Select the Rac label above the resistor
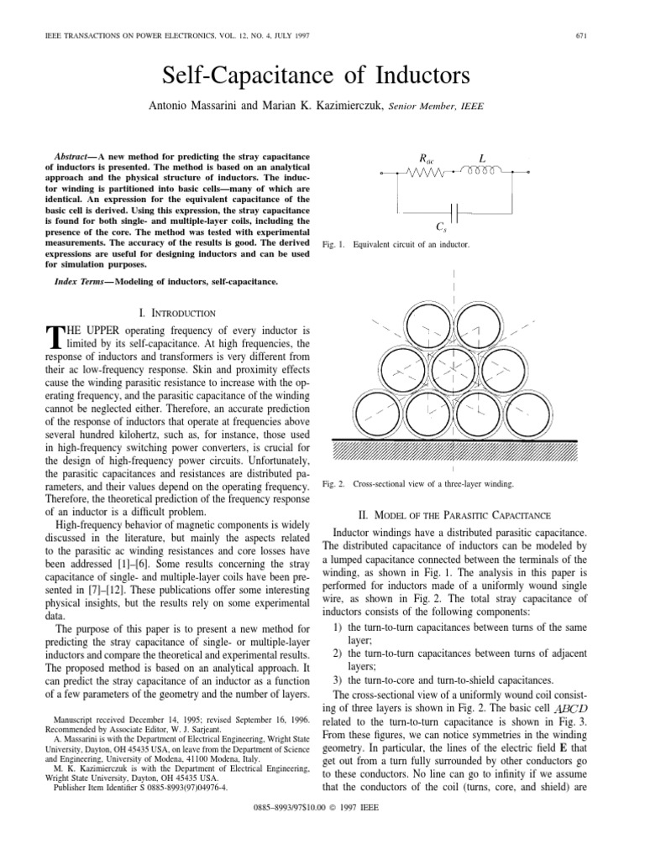(x=427, y=159)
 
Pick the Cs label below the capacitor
(x=454, y=226)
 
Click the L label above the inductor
(x=483, y=158)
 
